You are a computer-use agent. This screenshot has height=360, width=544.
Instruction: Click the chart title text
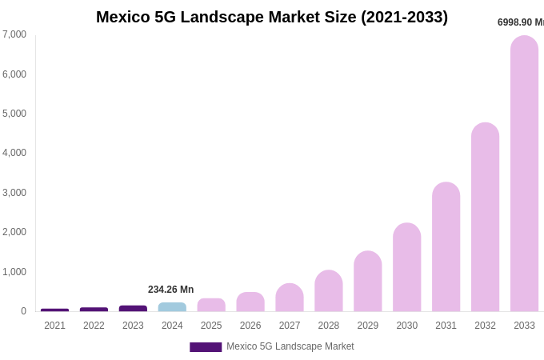pyautogui.click(x=272, y=17)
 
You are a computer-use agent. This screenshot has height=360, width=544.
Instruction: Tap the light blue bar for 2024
pyautogui.click(x=172, y=307)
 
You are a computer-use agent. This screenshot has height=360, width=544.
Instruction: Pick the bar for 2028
pyautogui.click(x=328, y=291)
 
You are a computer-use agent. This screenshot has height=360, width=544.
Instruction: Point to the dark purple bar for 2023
pyautogui.click(x=133, y=309)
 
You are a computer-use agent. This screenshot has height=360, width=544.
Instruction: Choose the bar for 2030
pyautogui.click(x=406, y=267)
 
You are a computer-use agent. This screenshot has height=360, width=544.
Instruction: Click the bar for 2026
pyautogui.click(x=250, y=302)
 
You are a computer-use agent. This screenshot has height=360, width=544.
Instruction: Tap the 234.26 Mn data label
pyautogui.click(x=170, y=290)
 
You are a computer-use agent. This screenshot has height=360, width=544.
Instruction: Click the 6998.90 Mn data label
pyautogui.click(x=520, y=22)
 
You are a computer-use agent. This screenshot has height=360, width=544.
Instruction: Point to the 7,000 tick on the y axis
pyautogui.click(x=14, y=34)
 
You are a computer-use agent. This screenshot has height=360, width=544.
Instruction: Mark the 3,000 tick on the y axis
pyautogui.click(x=14, y=193)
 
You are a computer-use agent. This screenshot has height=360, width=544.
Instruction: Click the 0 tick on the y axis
pyautogui.click(x=23, y=311)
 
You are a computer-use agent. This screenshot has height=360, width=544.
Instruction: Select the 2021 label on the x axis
pyautogui.click(x=54, y=326)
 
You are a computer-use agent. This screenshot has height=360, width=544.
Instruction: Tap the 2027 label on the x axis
pyautogui.click(x=290, y=326)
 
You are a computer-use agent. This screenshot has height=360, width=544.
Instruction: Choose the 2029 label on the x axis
pyautogui.click(x=367, y=326)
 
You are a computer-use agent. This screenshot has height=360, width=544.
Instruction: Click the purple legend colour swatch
pyautogui.click(x=206, y=347)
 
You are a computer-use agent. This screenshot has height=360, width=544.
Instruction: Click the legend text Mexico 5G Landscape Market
pyautogui.click(x=290, y=346)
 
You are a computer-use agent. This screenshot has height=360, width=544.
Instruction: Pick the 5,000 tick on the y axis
pyautogui.click(x=14, y=114)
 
